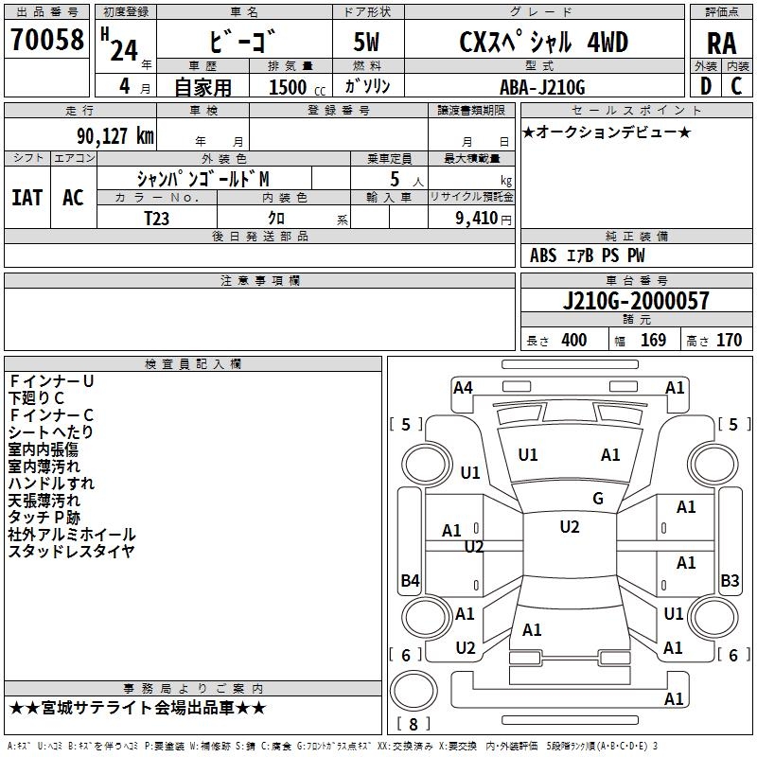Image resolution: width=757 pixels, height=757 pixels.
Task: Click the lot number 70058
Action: [x=47, y=40]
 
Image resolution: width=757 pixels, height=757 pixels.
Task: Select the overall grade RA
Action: [x=722, y=44]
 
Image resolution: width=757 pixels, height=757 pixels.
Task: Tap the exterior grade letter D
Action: [x=706, y=86]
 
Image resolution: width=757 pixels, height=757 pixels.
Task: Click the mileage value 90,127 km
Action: [x=115, y=136]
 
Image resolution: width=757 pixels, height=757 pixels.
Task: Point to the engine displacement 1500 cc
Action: [x=297, y=87]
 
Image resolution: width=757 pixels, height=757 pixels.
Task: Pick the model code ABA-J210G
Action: [x=542, y=87]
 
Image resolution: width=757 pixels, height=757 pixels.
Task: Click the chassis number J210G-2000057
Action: [x=636, y=301]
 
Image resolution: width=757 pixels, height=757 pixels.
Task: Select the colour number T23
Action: [x=157, y=219]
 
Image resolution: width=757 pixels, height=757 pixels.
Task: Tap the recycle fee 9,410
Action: [x=477, y=219]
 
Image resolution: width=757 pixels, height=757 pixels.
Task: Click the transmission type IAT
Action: [x=27, y=198]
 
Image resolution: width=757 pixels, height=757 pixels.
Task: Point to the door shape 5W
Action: [x=366, y=42]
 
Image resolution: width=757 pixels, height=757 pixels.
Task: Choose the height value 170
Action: [x=729, y=341]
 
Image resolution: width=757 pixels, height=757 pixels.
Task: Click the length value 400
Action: [x=574, y=341]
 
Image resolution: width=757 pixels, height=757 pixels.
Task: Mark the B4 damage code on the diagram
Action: [x=411, y=581]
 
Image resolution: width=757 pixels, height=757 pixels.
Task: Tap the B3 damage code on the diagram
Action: [x=730, y=581]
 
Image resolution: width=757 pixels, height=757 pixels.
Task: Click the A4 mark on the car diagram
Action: [x=463, y=388]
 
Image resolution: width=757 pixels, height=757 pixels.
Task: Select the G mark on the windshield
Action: [x=598, y=499]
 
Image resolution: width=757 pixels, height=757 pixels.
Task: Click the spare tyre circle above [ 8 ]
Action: [x=414, y=691]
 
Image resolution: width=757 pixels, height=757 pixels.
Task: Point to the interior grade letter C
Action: [x=736, y=86]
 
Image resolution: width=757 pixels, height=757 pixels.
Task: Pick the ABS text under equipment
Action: [x=543, y=255]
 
